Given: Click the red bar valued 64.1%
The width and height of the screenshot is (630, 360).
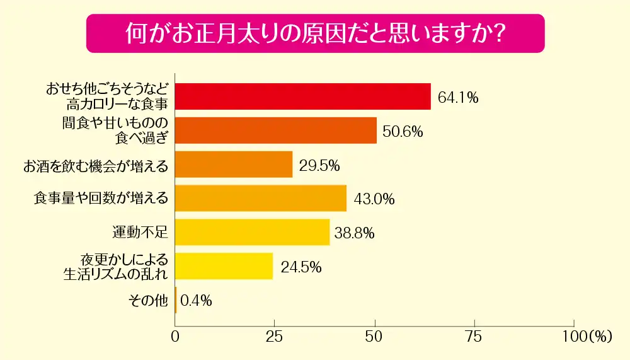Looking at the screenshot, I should [x=302, y=96].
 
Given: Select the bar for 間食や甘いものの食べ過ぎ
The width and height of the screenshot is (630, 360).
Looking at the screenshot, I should [x=275, y=131].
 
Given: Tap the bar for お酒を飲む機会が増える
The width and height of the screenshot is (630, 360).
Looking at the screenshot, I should [x=234, y=165].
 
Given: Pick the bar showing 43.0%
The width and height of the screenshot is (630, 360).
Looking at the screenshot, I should [x=261, y=198].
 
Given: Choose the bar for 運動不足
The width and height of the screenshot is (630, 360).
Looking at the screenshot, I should [x=252, y=232].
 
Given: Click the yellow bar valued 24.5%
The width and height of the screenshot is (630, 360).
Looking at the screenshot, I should [x=224, y=266].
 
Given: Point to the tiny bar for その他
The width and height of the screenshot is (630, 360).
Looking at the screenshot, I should [x=176, y=300].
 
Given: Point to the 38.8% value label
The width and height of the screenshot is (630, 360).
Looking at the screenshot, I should [x=355, y=233].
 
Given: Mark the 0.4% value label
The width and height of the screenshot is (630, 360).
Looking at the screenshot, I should [x=196, y=301].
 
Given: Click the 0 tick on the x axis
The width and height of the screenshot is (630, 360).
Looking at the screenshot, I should [x=175, y=336].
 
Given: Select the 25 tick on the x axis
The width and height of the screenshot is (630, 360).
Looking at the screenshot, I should [x=275, y=336].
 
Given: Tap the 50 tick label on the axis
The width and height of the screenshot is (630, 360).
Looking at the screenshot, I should [x=375, y=336].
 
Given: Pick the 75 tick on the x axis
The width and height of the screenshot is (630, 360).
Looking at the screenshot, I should [x=474, y=336].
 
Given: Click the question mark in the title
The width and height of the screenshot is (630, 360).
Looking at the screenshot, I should [x=498, y=33].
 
